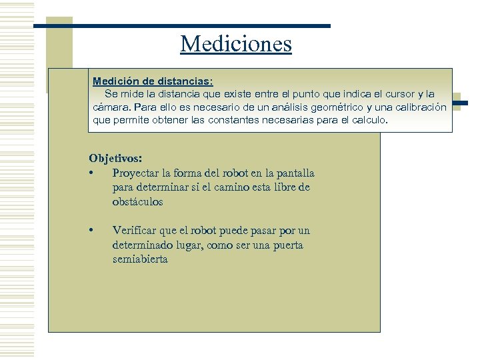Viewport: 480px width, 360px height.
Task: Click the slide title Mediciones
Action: [236, 44]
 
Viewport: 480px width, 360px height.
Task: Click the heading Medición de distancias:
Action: [153, 81]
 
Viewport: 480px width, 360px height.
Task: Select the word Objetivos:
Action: [115, 159]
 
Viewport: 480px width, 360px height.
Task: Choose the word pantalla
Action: [292, 173]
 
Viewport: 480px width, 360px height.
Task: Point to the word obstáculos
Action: [137, 202]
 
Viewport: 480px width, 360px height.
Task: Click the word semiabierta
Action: [140, 259]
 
